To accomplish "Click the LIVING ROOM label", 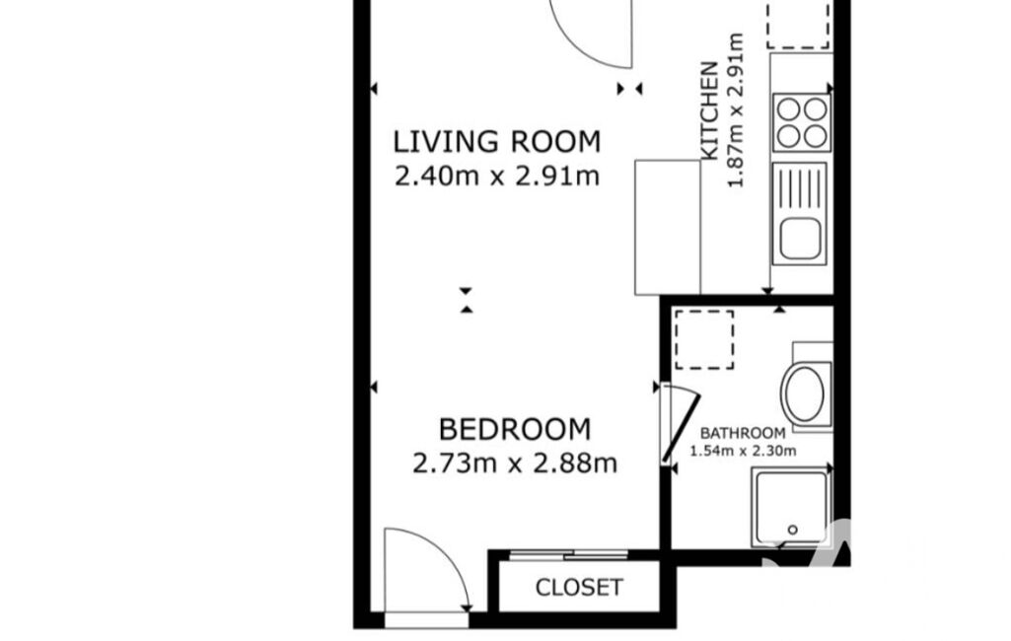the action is (x=497, y=142).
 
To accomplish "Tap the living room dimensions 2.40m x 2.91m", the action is (x=497, y=176).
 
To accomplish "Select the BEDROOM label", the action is (x=515, y=430).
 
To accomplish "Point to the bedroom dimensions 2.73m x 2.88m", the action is (x=515, y=463).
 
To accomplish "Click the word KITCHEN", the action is (x=709, y=110).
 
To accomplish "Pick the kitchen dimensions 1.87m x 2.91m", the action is (x=736, y=110).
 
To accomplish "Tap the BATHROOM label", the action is (x=743, y=433).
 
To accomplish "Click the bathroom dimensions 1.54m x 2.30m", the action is (x=743, y=451).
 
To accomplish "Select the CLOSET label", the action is (x=579, y=587).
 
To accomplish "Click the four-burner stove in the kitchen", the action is (x=802, y=122).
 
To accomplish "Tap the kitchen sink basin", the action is (x=800, y=238).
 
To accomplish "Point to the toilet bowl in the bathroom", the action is (x=803, y=393).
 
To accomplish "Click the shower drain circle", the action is (x=792, y=531).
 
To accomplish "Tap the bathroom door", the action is (x=681, y=429).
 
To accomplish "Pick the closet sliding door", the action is (x=569, y=554).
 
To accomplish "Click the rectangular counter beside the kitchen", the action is (x=668, y=228).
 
